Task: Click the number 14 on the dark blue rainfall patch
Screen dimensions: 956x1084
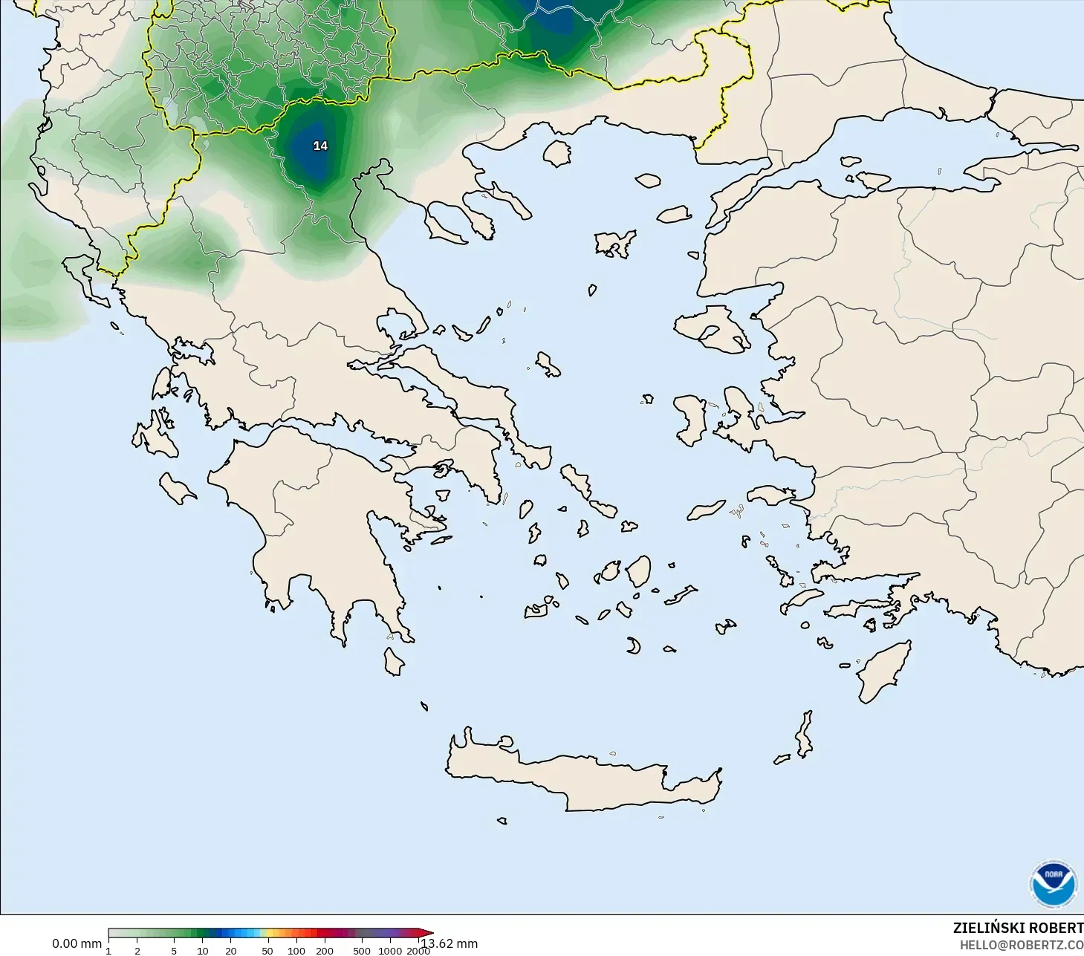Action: point(320,146)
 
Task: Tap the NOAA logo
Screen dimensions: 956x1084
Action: point(1053,884)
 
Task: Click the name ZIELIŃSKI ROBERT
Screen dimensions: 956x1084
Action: point(1018,928)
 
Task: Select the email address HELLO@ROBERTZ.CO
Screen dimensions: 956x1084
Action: point(1021,945)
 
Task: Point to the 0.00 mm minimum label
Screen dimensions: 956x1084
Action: point(77,943)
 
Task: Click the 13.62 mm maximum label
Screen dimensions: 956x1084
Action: point(450,943)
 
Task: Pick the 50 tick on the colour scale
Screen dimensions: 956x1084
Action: point(267,950)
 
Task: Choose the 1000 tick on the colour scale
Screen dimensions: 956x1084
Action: point(390,950)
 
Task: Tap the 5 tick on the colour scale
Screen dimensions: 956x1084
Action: point(174,950)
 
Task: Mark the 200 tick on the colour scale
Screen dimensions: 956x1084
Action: point(325,950)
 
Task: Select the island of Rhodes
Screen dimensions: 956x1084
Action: point(884,672)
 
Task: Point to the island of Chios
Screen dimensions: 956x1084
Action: point(691,420)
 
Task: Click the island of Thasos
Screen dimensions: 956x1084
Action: point(556,153)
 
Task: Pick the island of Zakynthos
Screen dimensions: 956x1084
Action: point(178,489)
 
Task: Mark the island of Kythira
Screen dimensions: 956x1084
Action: point(393,661)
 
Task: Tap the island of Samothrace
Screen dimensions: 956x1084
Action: point(648,180)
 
